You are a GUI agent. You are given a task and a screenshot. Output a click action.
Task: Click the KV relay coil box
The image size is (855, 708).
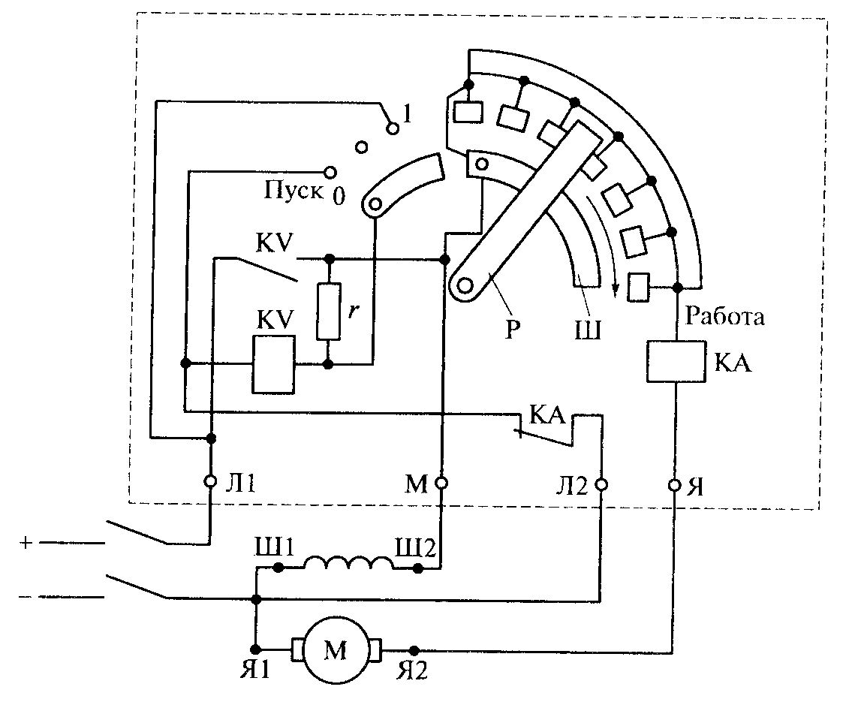coord(273,364)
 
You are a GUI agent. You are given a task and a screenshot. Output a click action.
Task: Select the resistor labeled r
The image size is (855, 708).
coord(328,312)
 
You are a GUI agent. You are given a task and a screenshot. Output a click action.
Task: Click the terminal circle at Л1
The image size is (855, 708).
coord(210,482)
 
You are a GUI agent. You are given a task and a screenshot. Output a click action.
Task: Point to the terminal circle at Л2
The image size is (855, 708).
coord(601,484)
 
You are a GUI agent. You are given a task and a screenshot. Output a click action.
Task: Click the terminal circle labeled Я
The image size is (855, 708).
coord(675,484)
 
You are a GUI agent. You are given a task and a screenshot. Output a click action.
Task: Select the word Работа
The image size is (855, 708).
coord(724,316)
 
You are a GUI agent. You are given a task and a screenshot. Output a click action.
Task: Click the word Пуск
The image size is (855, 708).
coord(293,191)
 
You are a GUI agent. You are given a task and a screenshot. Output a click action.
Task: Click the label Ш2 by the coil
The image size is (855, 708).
coord(415,547)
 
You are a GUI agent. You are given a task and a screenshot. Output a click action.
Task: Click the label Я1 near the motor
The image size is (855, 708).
coord(255,670)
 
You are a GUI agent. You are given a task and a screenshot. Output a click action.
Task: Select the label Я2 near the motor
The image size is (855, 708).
coord(411,670)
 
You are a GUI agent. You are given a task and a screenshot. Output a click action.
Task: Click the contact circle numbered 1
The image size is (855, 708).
coord(392,128)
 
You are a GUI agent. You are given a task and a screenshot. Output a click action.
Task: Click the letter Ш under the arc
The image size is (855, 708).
coord(588,330)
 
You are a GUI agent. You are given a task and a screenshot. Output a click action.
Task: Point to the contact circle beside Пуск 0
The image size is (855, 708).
coord(330,173)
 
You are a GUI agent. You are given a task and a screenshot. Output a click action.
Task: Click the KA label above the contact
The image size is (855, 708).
coord(547,416)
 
